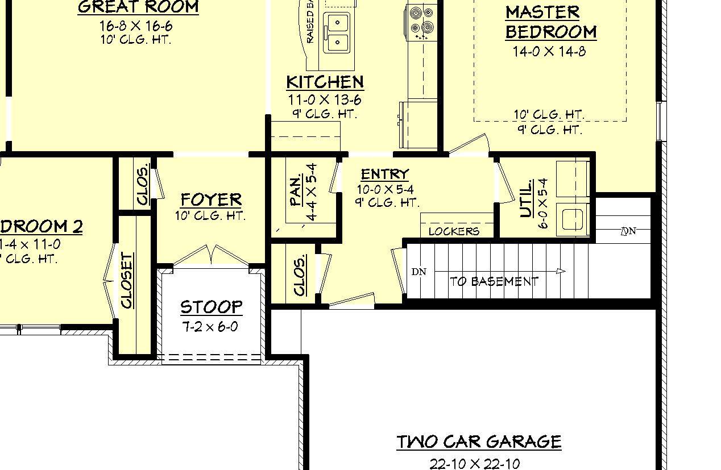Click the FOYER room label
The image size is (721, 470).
click(x=211, y=199)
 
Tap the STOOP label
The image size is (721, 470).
click(x=212, y=307)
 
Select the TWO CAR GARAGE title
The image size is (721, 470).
click(x=479, y=442)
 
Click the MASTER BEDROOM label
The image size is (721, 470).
click(x=550, y=22)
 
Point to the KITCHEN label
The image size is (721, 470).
click(x=325, y=82)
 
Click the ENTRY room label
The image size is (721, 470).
click(x=385, y=174)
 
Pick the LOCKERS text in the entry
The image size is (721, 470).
click(x=454, y=231)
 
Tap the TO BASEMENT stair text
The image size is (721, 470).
click(x=494, y=281)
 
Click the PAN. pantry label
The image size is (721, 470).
click(x=296, y=191)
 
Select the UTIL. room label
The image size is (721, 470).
click(x=527, y=199)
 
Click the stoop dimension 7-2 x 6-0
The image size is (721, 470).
click(x=210, y=327)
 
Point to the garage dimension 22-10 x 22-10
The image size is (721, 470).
click(x=474, y=464)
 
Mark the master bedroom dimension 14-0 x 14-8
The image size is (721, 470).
click(x=549, y=52)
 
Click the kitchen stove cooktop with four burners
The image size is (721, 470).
click(x=421, y=20)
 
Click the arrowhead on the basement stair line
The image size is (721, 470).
click(x=561, y=271)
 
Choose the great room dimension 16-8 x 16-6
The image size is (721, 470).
click(x=136, y=26)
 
